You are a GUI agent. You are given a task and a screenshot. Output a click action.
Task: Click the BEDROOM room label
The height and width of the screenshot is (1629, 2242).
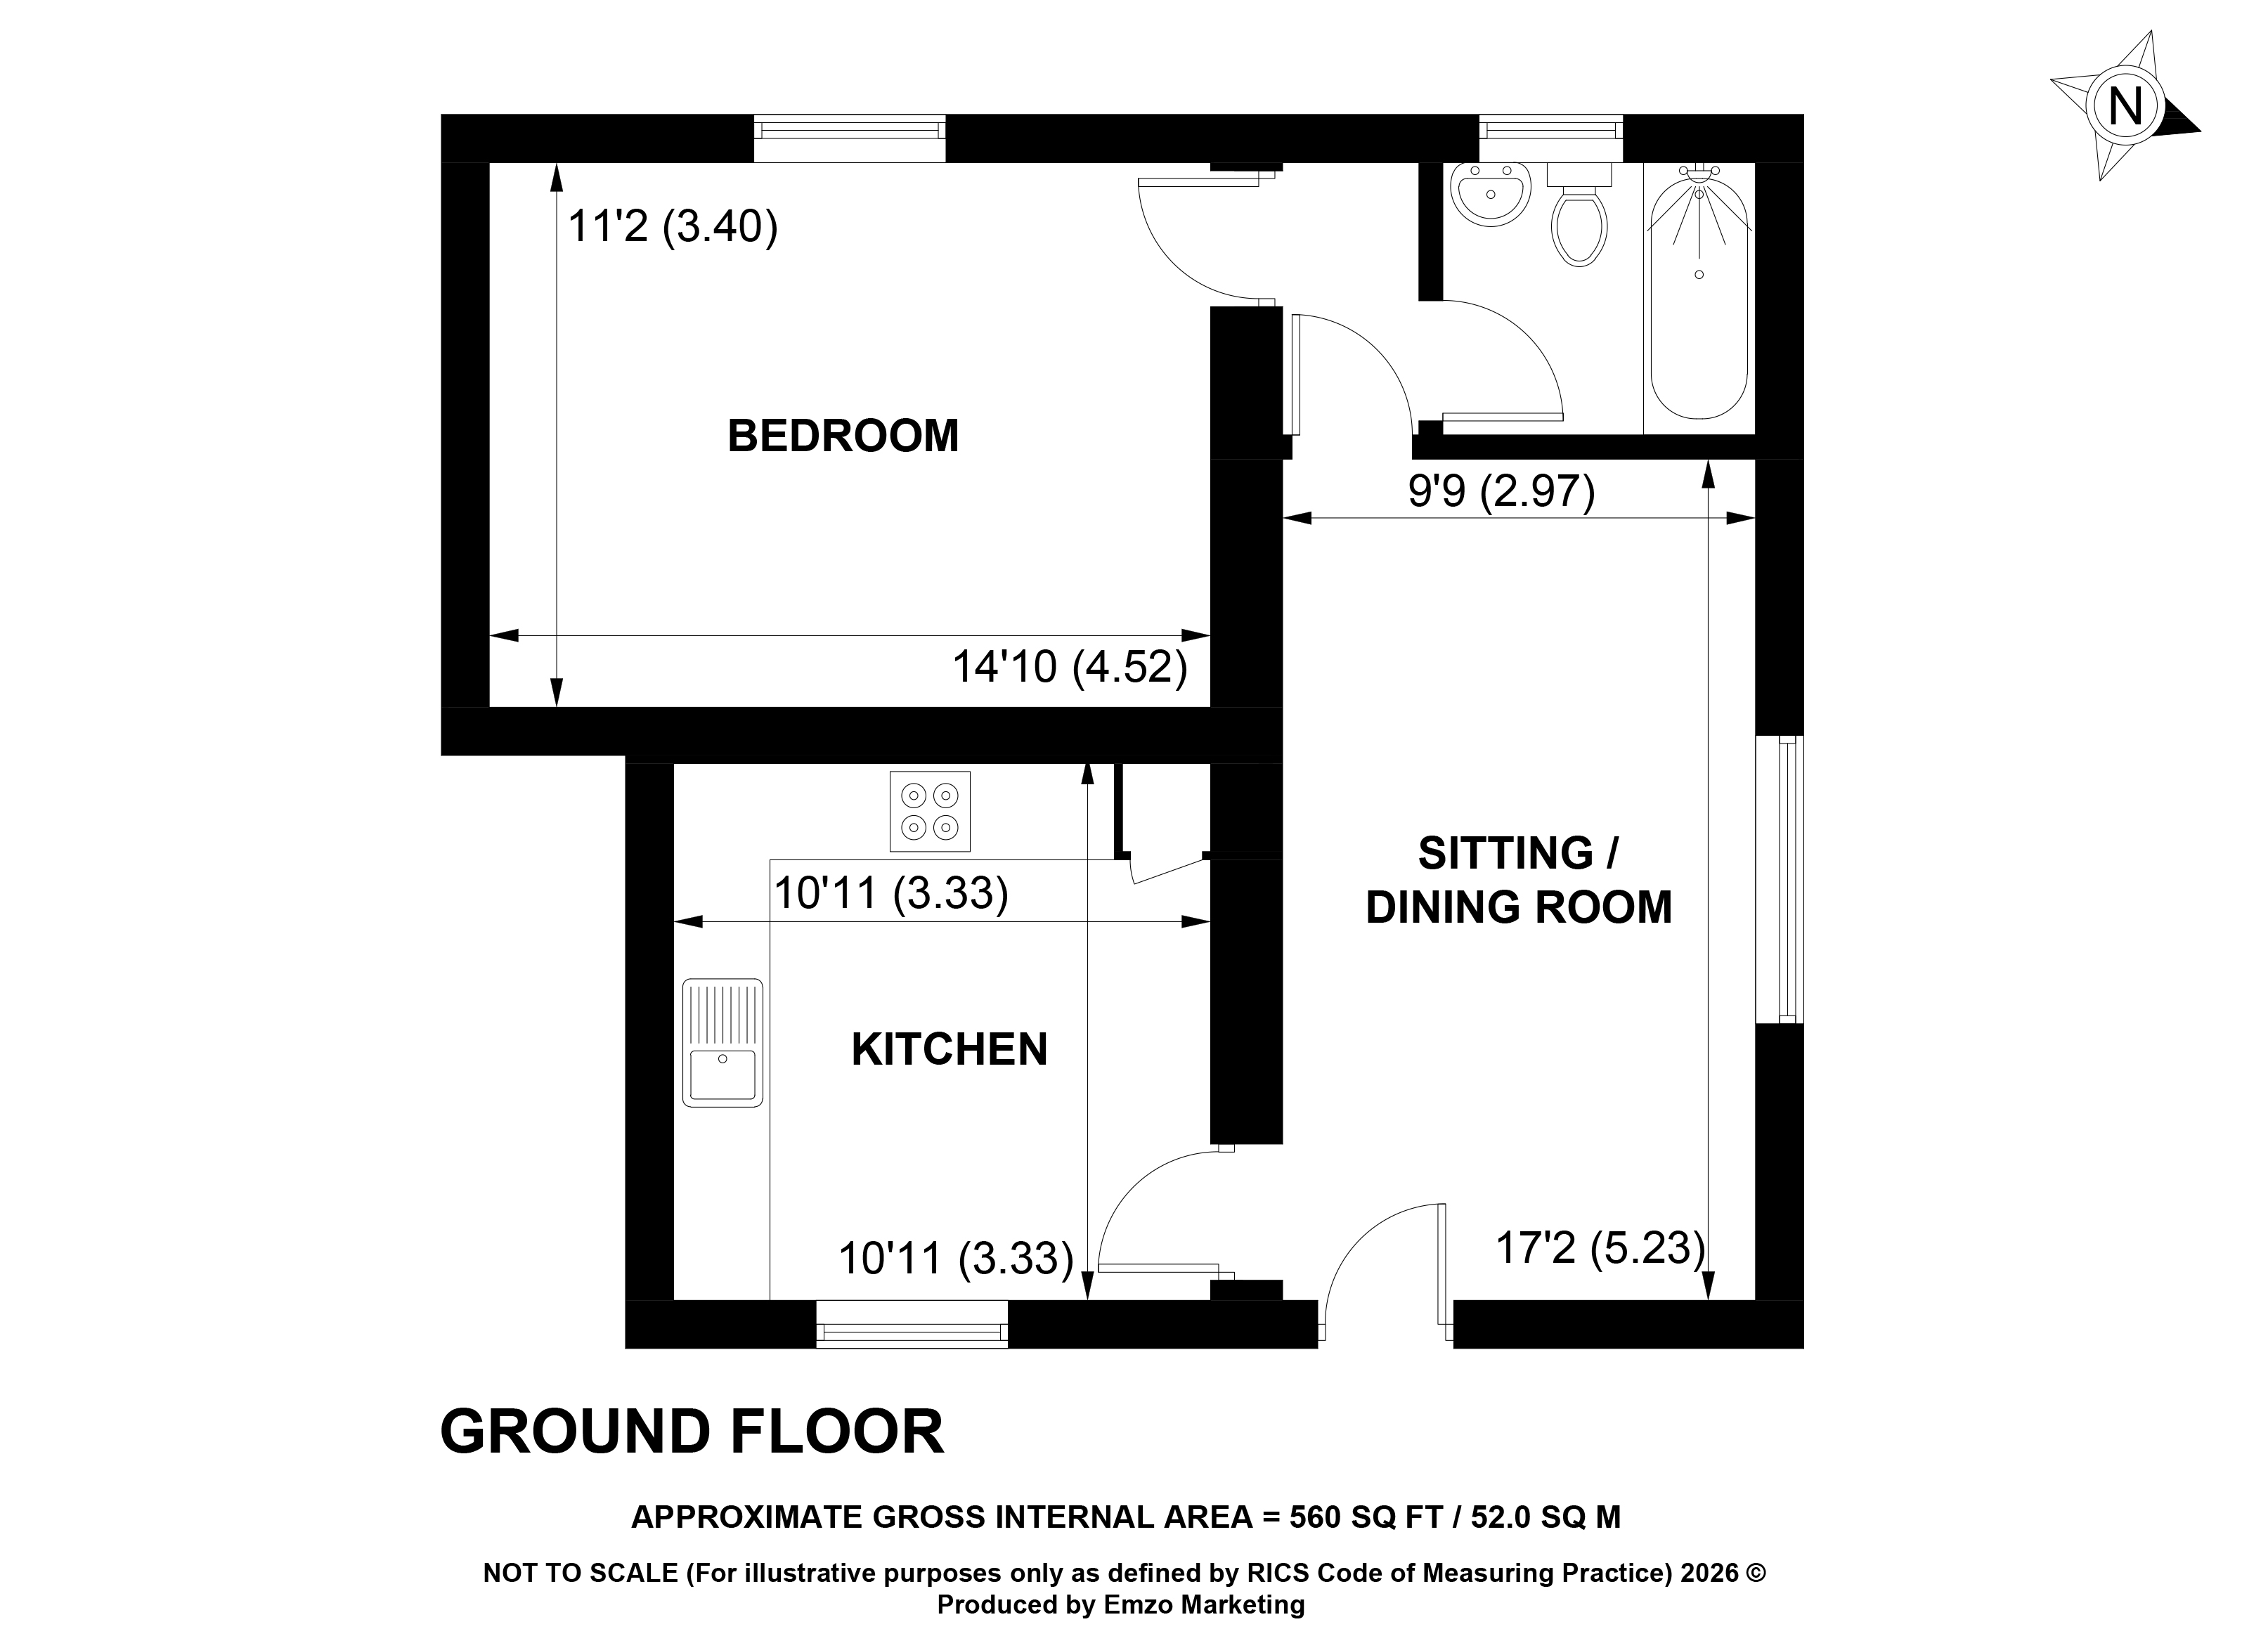[x=843, y=436]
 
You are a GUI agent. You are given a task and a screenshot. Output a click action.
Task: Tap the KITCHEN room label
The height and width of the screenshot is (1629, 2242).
[x=949, y=1049]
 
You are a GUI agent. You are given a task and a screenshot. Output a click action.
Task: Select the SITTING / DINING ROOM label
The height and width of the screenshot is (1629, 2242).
[x=1518, y=880]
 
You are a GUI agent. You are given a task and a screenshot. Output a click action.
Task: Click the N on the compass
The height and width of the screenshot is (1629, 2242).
[x=2125, y=106]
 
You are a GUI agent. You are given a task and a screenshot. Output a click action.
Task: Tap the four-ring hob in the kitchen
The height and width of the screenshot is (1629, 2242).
[x=929, y=810]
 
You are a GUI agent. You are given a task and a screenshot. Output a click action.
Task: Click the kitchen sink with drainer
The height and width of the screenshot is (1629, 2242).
[x=723, y=1042]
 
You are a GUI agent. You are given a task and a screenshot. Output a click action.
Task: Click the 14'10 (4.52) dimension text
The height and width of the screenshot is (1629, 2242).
[x=1070, y=667]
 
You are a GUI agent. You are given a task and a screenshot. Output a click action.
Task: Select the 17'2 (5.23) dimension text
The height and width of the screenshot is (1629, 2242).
[x=1600, y=1247]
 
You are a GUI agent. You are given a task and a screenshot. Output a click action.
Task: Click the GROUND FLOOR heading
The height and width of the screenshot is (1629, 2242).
[x=692, y=1432]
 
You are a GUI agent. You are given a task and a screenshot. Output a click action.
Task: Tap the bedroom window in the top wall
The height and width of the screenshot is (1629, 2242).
[x=849, y=138]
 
